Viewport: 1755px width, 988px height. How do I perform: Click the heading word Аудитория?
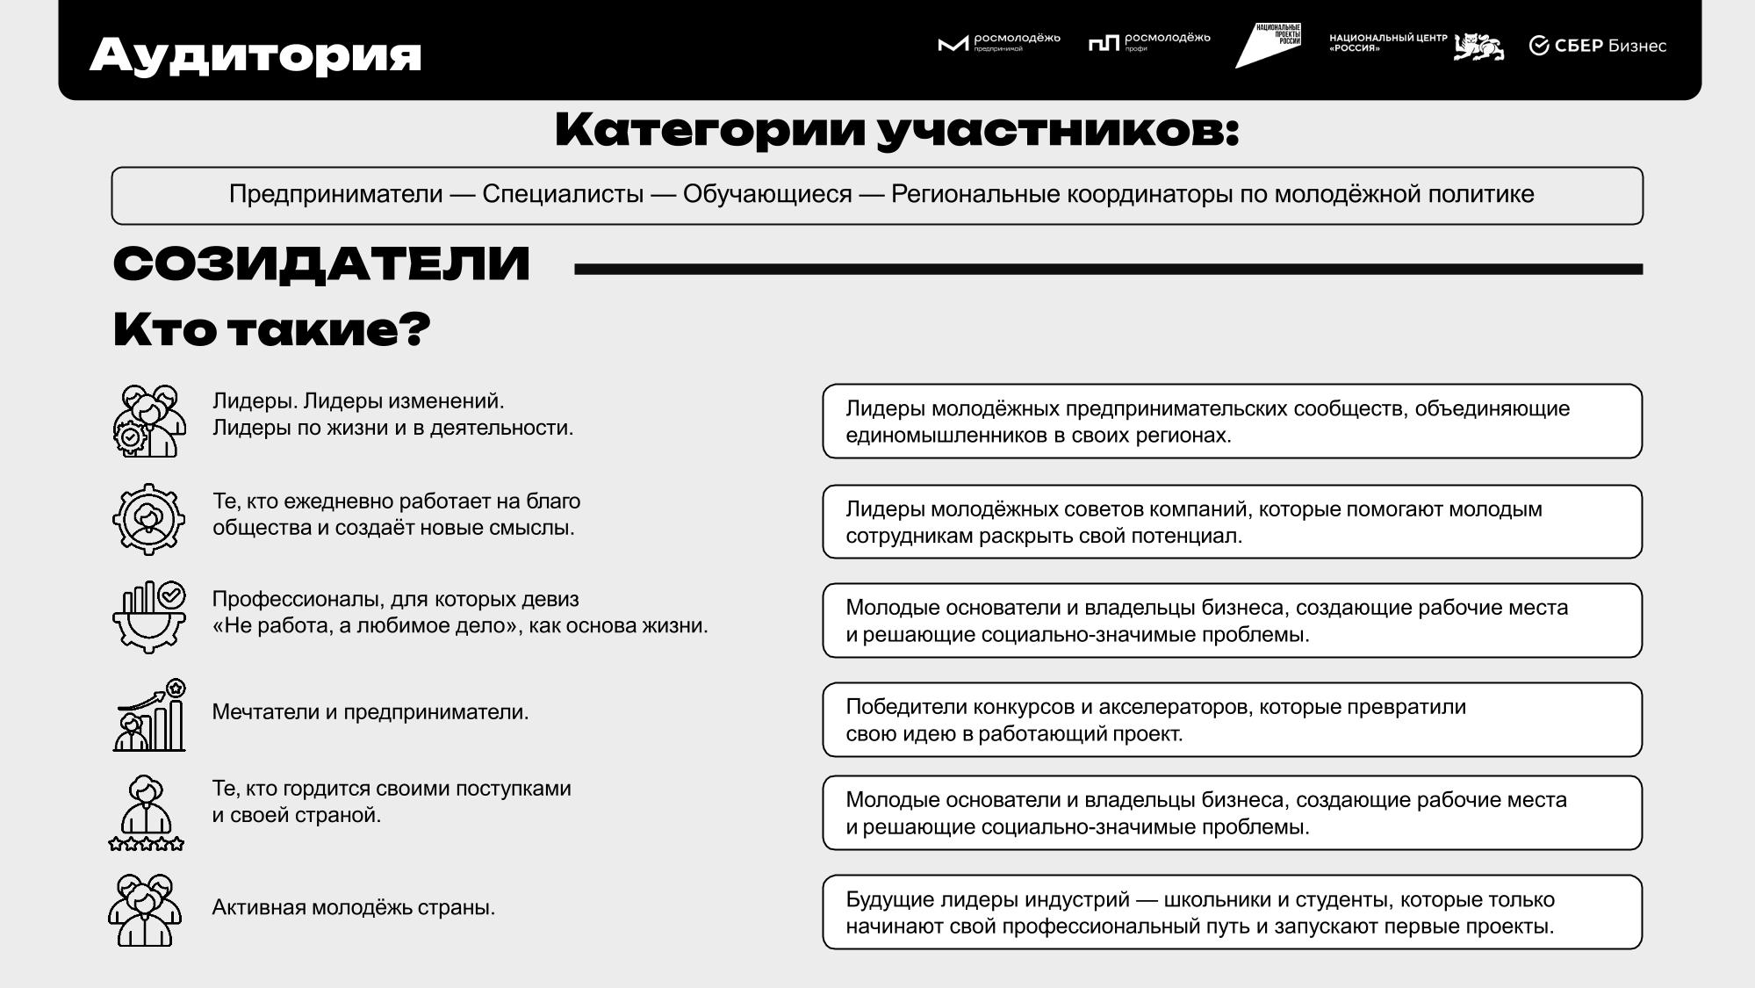255,54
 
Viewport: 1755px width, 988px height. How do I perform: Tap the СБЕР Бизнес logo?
1597,46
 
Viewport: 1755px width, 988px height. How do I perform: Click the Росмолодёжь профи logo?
1148,41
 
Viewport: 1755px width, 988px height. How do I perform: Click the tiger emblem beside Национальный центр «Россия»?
1478,47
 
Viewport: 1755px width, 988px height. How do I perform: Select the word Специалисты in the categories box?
563,194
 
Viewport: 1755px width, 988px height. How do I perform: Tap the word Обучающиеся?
767,194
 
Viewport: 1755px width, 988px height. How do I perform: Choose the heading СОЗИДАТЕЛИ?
321,263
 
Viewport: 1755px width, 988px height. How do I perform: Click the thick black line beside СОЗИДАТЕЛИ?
1108,270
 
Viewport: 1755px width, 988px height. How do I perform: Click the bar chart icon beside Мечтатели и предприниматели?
150,716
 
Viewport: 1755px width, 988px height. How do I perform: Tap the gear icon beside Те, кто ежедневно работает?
148,519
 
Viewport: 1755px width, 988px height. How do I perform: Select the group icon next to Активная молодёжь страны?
145,910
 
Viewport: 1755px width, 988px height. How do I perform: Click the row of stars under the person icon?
147,844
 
